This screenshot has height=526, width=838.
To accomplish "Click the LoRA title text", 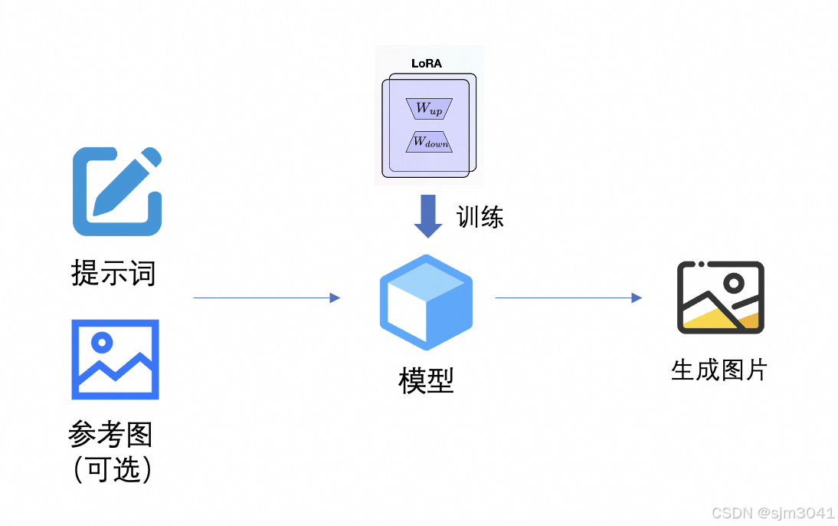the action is [x=427, y=64].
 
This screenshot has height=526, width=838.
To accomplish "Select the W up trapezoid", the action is [x=429, y=109].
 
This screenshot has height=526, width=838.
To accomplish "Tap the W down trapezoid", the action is [x=429, y=142].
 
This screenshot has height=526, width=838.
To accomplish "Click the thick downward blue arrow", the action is [x=428, y=216].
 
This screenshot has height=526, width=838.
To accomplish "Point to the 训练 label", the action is [x=480, y=217].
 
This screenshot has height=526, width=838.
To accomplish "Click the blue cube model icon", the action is [x=426, y=302].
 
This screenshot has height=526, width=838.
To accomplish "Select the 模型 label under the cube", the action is [x=426, y=381].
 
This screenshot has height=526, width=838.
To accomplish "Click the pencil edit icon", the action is [x=117, y=192].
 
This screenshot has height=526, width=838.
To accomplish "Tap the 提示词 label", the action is [x=113, y=273].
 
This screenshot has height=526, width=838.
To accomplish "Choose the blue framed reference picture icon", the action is [x=116, y=360].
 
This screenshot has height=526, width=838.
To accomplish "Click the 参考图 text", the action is [x=110, y=433].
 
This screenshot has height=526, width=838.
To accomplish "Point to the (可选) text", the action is [x=113, y=470].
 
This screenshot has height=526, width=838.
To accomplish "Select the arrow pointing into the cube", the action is [x=267, y=298].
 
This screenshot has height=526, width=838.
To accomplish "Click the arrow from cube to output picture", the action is [x=568, y=298].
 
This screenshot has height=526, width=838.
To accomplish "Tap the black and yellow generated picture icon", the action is [x=721, y=298].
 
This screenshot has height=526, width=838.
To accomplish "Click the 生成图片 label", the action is [x=719, y=370].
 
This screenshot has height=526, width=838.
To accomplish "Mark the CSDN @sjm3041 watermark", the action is [x=773, y=513].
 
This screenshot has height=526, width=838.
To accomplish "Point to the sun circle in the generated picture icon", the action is [x=735, y=283].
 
